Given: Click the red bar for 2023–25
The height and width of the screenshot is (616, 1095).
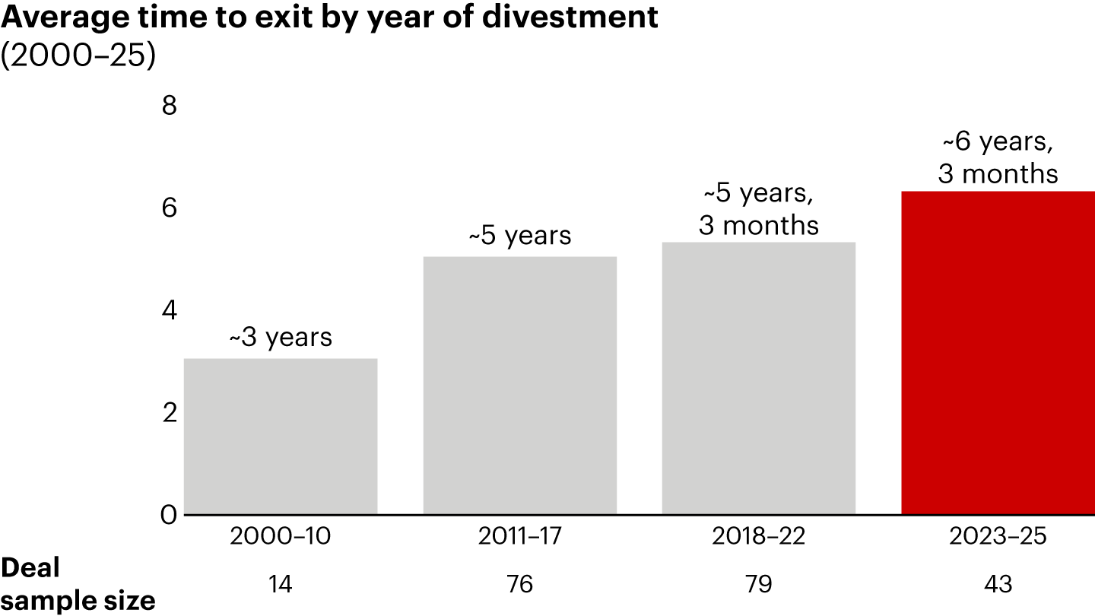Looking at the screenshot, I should click(998, 353).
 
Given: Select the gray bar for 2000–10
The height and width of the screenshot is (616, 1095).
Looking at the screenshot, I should click(281, 437).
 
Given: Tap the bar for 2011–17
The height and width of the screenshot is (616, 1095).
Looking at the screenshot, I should click(519, 386).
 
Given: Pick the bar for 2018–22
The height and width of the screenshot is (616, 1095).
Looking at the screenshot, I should click(759, 378).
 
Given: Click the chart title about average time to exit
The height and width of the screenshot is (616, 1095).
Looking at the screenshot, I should click(329, 18).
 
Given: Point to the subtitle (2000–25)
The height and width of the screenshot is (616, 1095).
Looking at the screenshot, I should click(78, 56).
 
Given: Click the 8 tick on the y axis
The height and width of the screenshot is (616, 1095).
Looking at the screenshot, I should click(169, 106).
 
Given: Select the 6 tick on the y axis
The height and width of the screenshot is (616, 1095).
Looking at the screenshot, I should click(169, 208).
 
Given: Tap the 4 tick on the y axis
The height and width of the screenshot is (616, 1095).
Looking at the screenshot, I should click(169, 310).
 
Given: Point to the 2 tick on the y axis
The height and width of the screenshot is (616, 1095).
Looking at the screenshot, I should click(169, 413).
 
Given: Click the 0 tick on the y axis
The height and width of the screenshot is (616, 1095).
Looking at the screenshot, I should click(169, 515).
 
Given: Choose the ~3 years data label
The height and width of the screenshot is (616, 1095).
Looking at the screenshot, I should click(281, 337).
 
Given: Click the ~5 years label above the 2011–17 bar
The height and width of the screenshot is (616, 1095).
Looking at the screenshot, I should click(519, 236).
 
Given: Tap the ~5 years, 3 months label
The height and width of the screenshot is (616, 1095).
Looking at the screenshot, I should click(759, 209).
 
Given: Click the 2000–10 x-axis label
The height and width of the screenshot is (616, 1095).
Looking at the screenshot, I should click(281, 537).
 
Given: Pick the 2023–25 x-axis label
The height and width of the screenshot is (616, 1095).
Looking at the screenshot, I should click(998, 537).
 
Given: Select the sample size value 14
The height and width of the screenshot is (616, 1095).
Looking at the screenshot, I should click(281, 584).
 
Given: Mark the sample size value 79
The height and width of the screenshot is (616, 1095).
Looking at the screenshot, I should click(759, 584).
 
